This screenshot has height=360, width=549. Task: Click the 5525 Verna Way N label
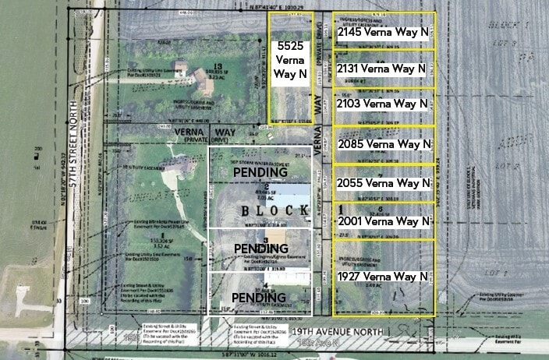[x=291, y=61]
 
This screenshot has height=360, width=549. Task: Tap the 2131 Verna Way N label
[x=383, y=69]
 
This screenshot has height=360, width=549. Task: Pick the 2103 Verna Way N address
[x=383, y=104]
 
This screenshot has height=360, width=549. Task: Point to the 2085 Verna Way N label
[x=384, y=143]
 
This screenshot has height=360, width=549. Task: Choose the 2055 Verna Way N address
[x=384, y=183]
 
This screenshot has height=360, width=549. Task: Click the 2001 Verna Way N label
[x=384, y=221]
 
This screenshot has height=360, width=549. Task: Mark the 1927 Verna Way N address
[x=383, y=277]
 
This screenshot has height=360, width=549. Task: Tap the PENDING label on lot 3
[x=261, y=249]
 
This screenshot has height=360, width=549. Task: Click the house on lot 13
[x=182, y=69]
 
